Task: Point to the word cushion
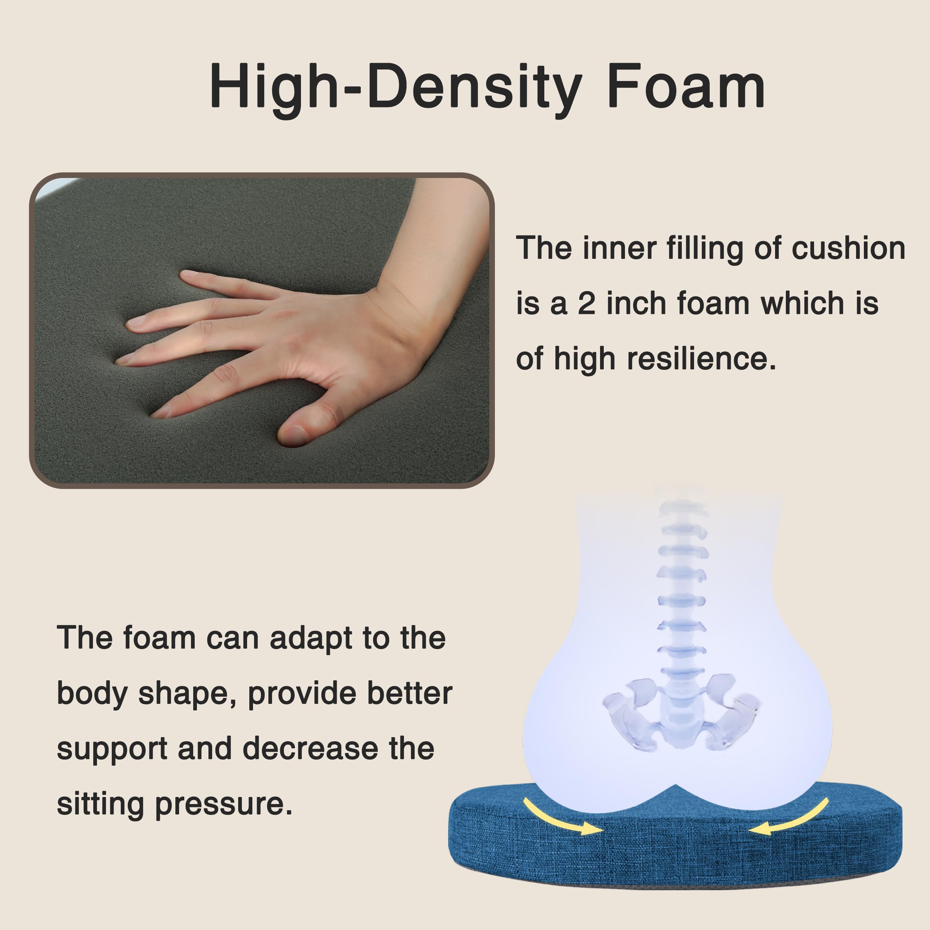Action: (x=848, y=249)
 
